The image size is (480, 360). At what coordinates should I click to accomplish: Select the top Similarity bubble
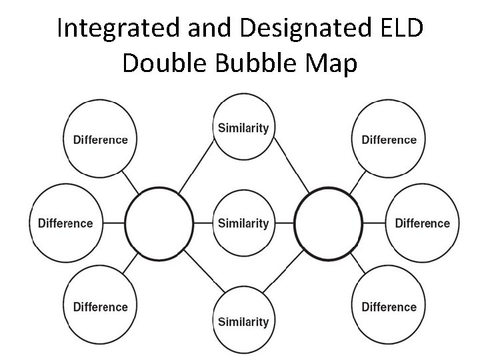point(243,128)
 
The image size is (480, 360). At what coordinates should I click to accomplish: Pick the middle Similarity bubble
point(243,223)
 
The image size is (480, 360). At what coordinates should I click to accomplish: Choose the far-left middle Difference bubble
point(65,223)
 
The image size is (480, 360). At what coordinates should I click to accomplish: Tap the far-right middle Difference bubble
point(422,223)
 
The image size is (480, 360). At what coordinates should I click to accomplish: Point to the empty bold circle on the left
point(159,223)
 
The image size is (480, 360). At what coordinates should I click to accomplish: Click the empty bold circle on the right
point(328,223)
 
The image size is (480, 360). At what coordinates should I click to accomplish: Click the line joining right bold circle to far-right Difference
point(375,223)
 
